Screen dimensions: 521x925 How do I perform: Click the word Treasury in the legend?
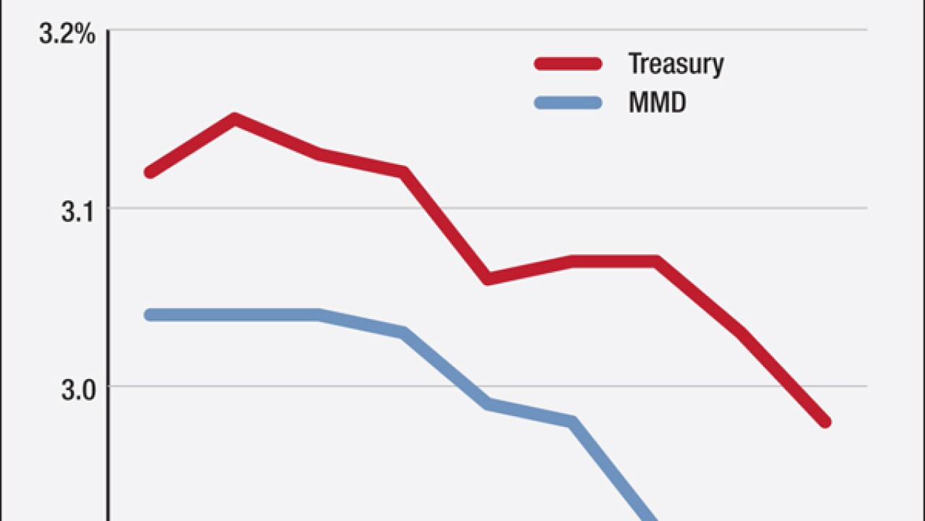(676, 64)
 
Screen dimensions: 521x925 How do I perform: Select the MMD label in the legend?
(657, 103)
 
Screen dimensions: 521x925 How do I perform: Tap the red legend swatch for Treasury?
(568, 64)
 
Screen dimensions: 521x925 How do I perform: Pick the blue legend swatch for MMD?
(568, 103)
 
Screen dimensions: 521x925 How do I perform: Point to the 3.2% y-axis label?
(67, 35)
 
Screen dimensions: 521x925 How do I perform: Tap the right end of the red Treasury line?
(825, 422)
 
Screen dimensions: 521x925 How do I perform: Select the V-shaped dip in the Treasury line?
(488, 279)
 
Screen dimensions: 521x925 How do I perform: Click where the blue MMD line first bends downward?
(319, 315)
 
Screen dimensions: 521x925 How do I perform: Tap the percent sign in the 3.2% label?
(86, 35)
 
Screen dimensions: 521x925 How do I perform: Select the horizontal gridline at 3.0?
(723, 386)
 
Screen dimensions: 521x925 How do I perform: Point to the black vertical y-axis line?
(108, 289)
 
